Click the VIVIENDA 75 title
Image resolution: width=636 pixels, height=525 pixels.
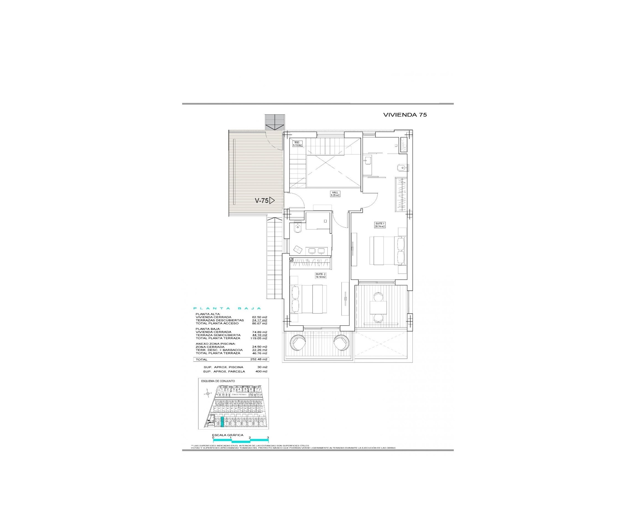(405, 115)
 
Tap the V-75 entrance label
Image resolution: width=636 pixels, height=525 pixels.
(262, 200)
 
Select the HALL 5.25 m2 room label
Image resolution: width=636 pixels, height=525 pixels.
(335, 194)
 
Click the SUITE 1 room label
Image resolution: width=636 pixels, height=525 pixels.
(380, 225)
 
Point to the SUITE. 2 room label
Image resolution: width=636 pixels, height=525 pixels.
(320, 275)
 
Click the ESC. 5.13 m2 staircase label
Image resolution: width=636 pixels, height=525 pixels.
(297, 144)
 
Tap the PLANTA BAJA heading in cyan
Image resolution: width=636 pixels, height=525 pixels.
(227, 308)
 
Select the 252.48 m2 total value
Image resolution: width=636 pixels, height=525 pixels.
(259, 359)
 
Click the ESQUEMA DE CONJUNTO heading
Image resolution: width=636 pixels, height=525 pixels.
(218, 381)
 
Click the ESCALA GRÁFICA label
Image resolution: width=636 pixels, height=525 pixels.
(227, 435)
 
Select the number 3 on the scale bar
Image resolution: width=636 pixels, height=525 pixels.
(268, 438)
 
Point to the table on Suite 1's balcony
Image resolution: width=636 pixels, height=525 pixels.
(378, 308)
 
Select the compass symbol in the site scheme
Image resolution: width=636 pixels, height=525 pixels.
(208, 393)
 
